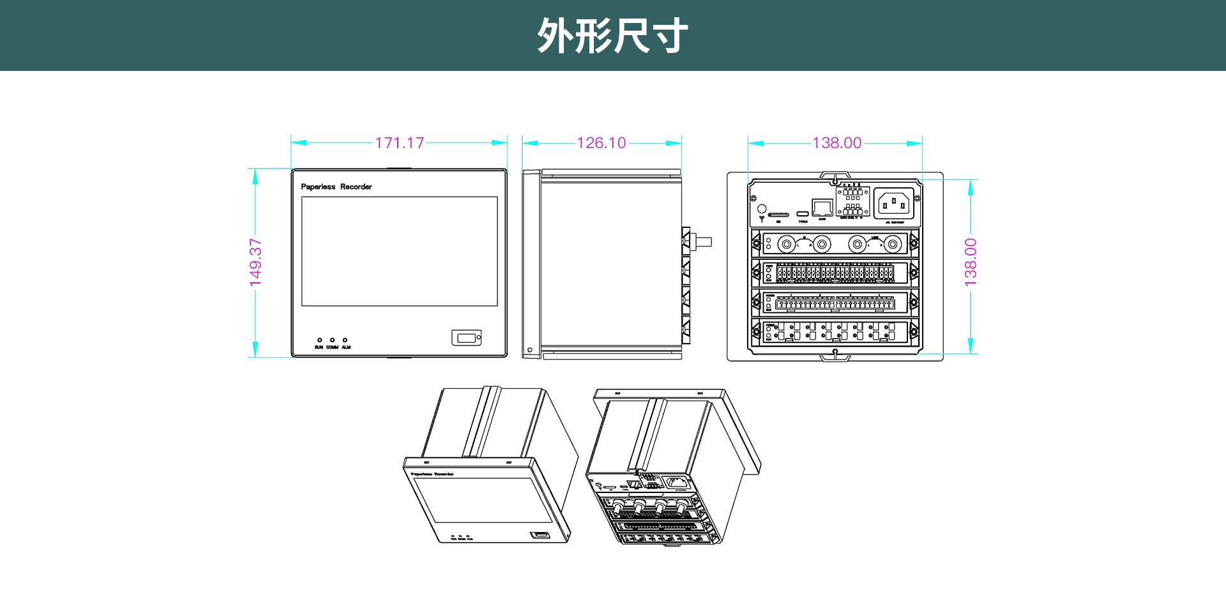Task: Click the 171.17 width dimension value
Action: pyautogui.click(x=399, y=143)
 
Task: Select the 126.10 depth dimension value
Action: pyautogui.click(x=601, y=143)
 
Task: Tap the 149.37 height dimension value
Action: pyautogui.click(x=255, y=262)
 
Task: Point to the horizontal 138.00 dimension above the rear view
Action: pyautogui.click(x=836, y=143)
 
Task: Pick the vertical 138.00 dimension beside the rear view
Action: pyautogui.click(x=971, y=262)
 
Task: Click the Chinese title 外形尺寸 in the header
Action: pyautogui.click(x=612, y=36)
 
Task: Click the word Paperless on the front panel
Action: pyautogui.click(x=318, y=187)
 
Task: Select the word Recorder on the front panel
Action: pyautogui.click(x=356, y=187)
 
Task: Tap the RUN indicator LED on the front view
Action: pyautogui.click(x=319, y=340)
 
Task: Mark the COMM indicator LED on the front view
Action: pyautogui.click(x=332, y=340)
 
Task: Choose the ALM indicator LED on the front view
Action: pyautogui.click(x=345, y=340)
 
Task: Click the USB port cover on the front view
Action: pyautogui.click(x=466, y=337)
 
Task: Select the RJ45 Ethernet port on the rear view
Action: pyautogui.click(x=822, y=208)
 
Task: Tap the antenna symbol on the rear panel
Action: pyautogui.click(x=762, y=219)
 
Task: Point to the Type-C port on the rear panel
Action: pyautogui.click(x=803, y=213)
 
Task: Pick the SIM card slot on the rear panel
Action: pyautogui.click(x=778, y=215)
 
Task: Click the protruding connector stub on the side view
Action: pyautogui.click(x=703, y=242)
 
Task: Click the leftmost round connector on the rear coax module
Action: pyautogui.click(x=787, y=244)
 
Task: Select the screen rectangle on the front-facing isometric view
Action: pyautogui.click(x=482, y=501)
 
